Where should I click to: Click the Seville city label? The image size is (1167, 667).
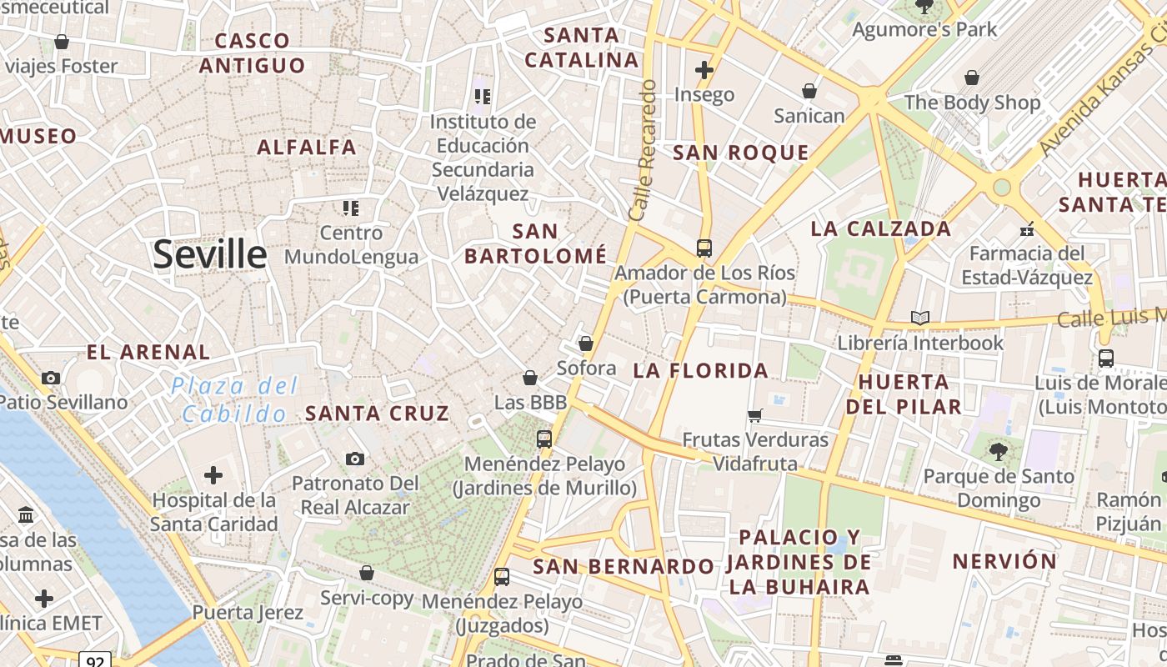pos(209,254)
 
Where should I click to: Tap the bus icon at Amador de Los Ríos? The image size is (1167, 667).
pos(704,248)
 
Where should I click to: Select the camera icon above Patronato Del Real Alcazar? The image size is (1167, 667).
pos(355,459)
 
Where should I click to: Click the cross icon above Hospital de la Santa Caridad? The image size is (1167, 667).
pos(213,475)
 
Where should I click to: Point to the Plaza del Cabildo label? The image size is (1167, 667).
pos(234,399)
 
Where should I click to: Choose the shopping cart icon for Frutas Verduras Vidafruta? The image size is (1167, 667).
pos(755,415)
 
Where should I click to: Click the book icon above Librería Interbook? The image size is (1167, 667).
pos(920,318)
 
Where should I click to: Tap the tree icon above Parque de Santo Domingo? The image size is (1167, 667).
pos(998,452)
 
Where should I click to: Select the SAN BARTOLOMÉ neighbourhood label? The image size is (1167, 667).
pos(535,243)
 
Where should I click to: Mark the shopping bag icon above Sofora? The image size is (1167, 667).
pos(586,343)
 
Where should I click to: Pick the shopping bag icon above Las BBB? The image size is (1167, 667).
pos(530,378)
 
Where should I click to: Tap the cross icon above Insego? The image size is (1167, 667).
pos(704,70)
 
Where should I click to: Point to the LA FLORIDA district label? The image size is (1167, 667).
pos(700,371)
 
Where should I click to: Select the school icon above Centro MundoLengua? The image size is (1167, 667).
pos(351,208)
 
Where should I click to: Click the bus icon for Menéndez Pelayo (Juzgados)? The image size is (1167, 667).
pos(502,576)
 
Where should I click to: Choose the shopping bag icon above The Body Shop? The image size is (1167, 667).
pos(972,78)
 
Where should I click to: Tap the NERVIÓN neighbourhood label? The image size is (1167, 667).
pos(1004,561)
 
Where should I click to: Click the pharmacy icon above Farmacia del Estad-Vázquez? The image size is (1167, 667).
pos(1027,228)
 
